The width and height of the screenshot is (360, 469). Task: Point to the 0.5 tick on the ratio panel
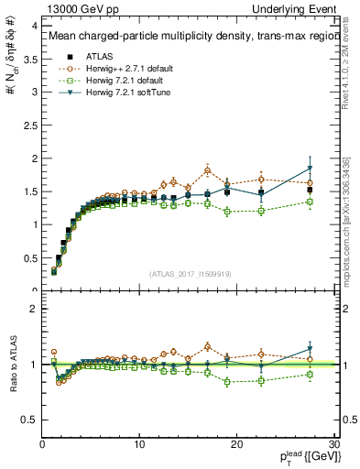point(30,420)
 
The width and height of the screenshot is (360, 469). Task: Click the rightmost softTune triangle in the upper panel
point(310,169)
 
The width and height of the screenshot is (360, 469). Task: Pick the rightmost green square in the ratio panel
point(310,374)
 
